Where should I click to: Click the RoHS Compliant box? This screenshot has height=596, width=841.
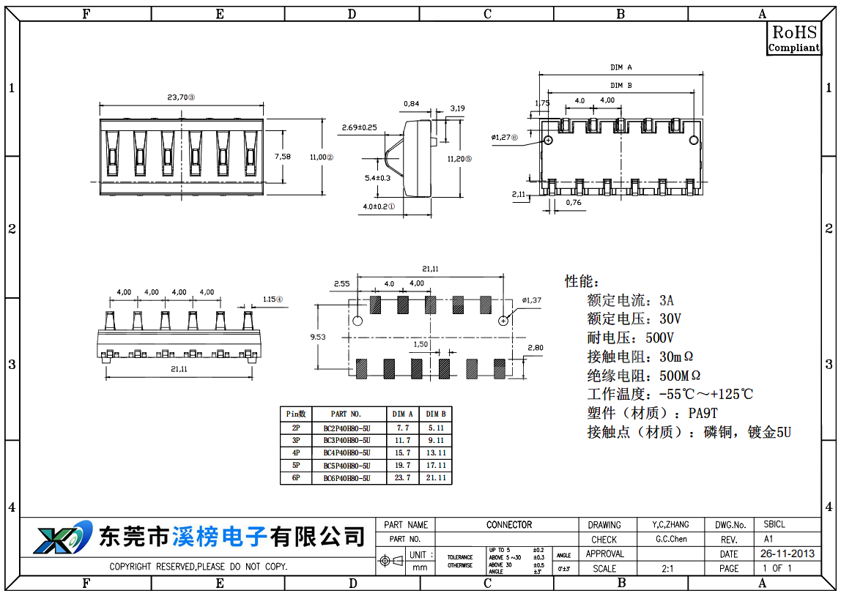click(793, 38)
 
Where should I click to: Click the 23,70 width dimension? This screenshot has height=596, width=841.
click(180, 97)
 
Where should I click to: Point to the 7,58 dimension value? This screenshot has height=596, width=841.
click(282, 156)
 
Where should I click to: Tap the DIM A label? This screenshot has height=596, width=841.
click(620, 67)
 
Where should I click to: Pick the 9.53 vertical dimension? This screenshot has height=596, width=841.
click(318, 337)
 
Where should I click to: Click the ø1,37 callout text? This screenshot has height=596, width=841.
click(531, 300)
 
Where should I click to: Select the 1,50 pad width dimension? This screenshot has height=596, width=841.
click(420, 344)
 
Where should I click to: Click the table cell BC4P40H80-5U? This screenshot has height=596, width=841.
click(347, 452)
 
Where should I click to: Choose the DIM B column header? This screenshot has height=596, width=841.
click(436, 414)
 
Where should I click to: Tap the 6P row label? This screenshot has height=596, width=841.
click(296, 478)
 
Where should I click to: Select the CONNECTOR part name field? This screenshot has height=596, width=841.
click(509, 525)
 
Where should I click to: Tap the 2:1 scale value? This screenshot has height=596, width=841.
click(668, 569)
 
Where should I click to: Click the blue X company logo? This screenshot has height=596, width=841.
click(62, 538)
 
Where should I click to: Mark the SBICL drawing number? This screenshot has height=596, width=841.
click(774, 525)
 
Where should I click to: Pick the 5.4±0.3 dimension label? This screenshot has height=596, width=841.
click(378, 177)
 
